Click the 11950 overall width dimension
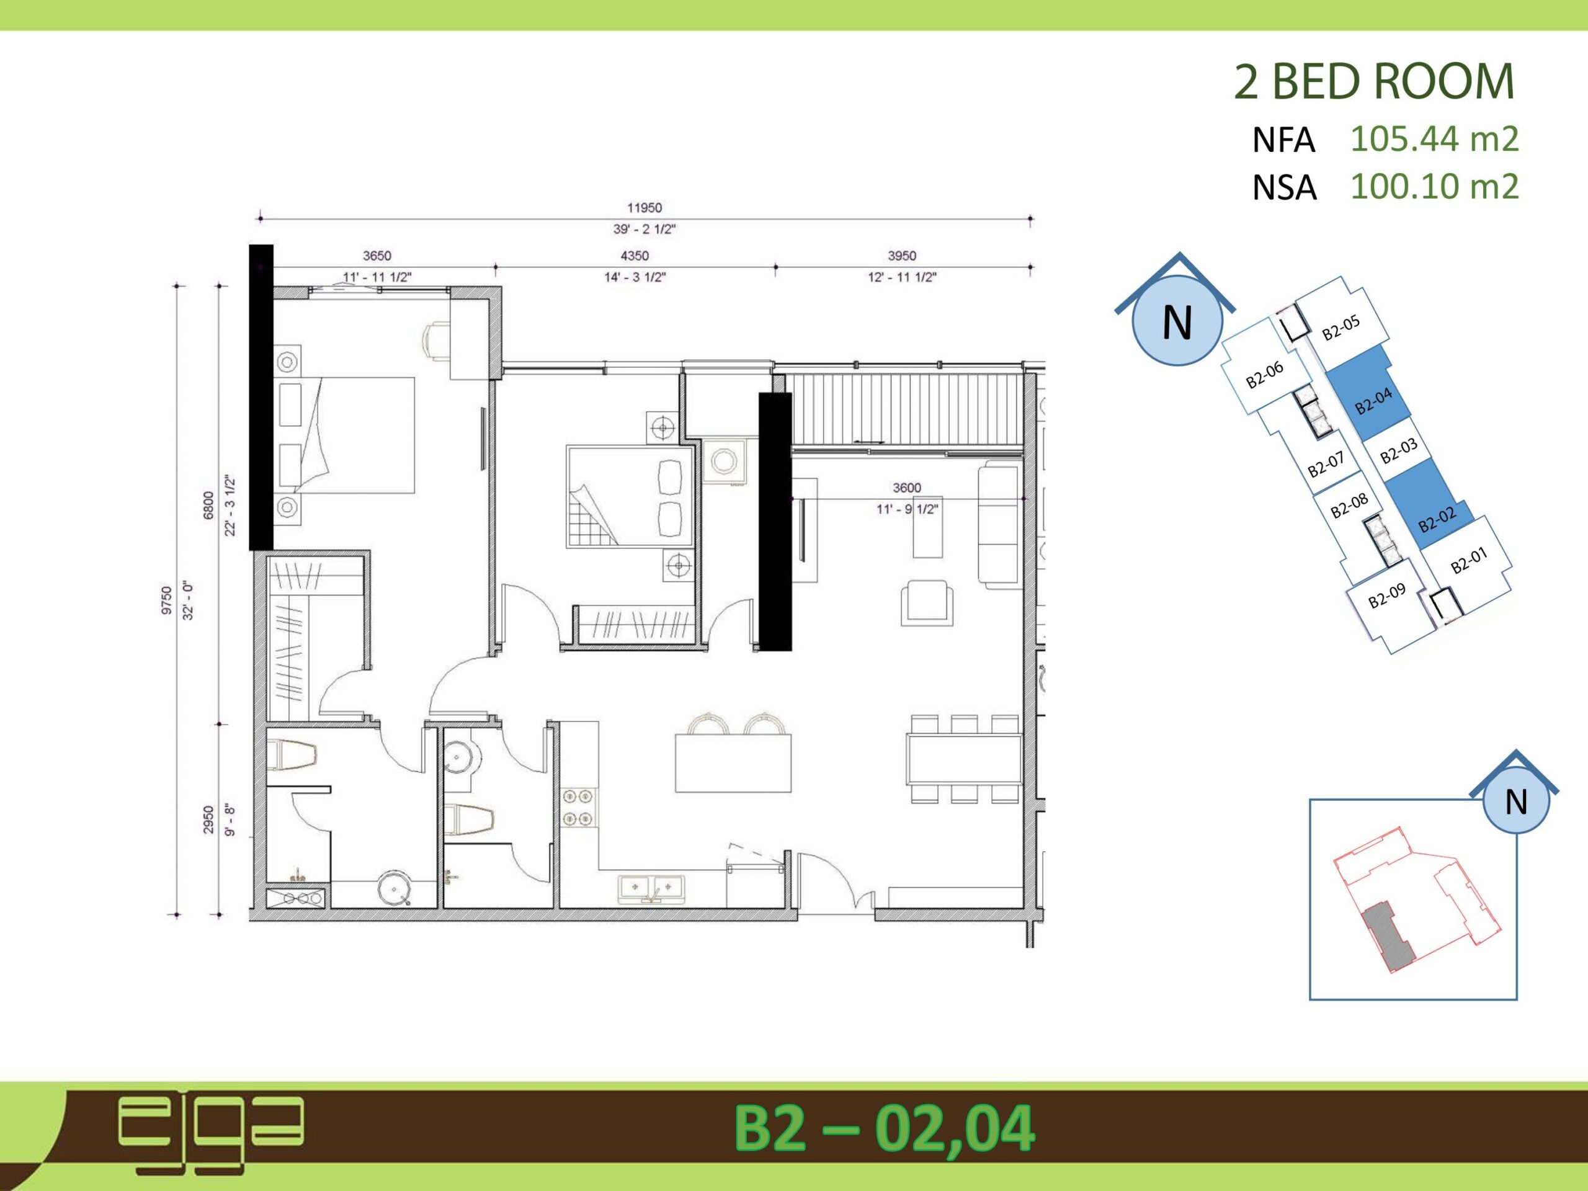[644, 207]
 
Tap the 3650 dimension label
[377, 256]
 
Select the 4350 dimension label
[635, 256]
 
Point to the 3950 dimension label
[902, 256]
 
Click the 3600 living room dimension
[907, 488]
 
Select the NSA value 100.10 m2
[1434, 187]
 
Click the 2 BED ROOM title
[1373, 82]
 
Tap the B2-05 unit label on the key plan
[1341, 328]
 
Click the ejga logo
[211, 1132]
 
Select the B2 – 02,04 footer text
[884, 1129]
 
